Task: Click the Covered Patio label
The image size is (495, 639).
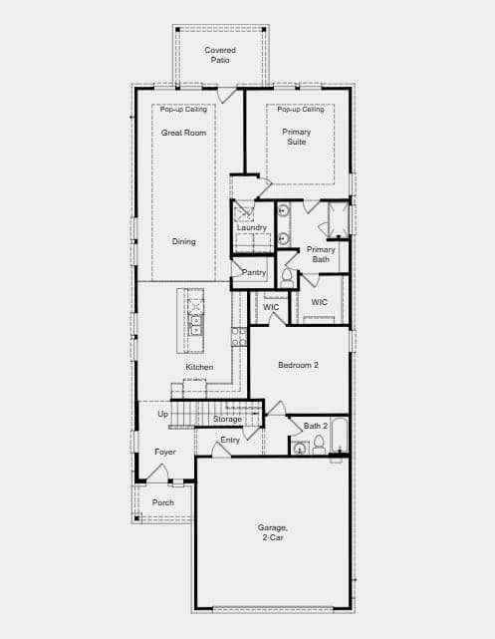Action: point(220,55)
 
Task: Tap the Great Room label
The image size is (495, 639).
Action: point(183,133)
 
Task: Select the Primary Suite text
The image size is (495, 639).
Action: point(297,137)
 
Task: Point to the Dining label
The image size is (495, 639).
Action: point(183,241)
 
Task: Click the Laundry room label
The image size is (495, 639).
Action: point(252,228)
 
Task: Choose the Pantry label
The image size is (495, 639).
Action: point(254,272)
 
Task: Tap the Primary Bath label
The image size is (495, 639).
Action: point(321,254)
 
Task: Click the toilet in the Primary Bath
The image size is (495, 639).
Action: point(287,278)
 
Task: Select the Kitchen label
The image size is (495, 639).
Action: point(199,367)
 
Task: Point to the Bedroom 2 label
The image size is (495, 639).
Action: point(298,365)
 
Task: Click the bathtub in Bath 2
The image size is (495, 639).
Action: point(339,435)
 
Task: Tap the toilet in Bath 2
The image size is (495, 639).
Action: point(319,445)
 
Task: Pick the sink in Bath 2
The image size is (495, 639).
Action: point(300,449)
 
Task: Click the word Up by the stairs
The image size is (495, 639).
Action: point(162,415)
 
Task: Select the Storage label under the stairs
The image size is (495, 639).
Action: point(227,420)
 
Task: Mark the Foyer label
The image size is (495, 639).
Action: point(165,452)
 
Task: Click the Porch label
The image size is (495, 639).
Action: point(162,502)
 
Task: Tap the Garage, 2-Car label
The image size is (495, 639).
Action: point(272,532)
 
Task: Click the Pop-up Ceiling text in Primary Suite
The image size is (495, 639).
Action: point(301,110)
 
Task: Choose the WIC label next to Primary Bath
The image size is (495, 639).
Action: point(319,302)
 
